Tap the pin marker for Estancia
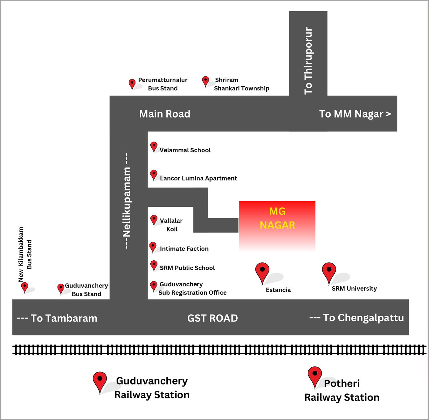click(x=262, y=271)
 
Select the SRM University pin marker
click(x=329, y=271)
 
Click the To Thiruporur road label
click(x=308, y=61)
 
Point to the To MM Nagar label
click(x=355, y=114)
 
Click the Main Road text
click(x=165, y=114)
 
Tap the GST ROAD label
click(x=212, y=318)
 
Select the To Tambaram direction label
click(x=57, y=318)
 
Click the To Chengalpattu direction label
click(x=357, y=318)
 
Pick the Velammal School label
click(x=185, y=150)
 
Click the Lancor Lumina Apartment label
click(x=198, y=178)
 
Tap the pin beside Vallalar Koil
click(x=154, y=220)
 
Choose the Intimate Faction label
click(x=184, y=249)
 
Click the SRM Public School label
click(x=187, y=268)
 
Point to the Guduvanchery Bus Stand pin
click(x=61, y=288)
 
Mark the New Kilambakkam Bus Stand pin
click(x=25, y=287)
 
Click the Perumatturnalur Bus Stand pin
click(x=132, y=84)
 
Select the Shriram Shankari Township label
click(x=241, y=84)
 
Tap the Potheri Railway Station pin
click(x=315, y=376)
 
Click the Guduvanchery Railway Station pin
click(x=100, y=381)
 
